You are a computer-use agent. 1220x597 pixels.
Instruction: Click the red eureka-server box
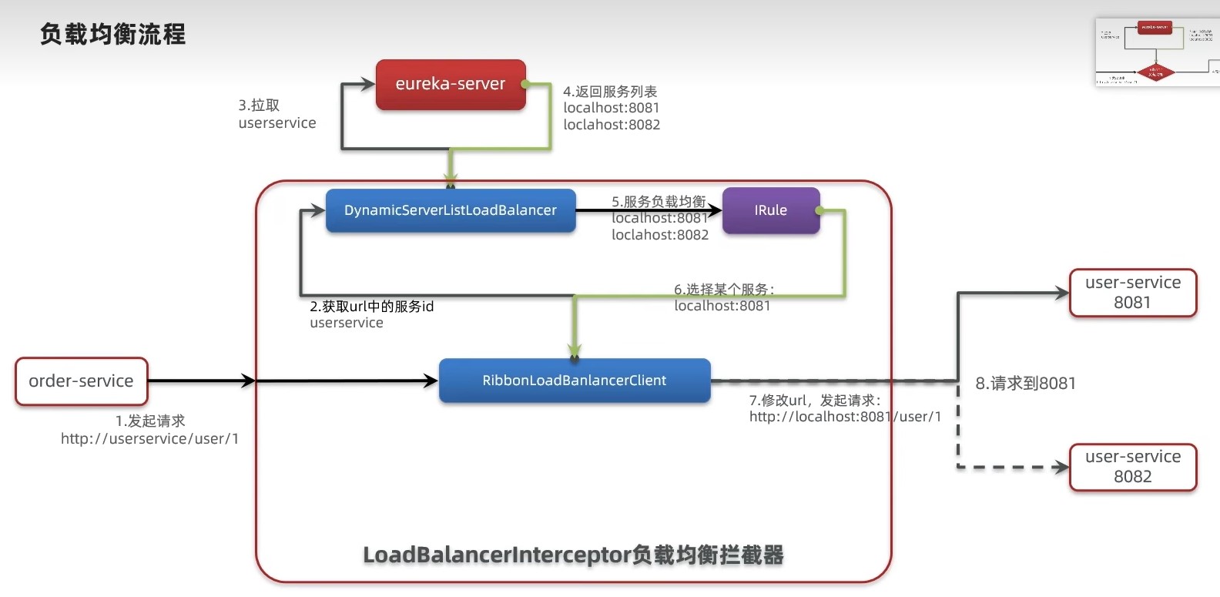(x=451, y=85)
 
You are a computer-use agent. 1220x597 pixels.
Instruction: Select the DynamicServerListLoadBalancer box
(x=451, y=210)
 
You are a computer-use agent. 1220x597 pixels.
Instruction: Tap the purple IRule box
(x=770, y=210)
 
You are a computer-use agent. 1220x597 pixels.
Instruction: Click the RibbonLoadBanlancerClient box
(x=574, y=381)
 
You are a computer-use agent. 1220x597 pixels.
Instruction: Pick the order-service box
(x=81, y=381)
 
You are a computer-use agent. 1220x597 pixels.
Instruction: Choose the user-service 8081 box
(x=1132, y=293)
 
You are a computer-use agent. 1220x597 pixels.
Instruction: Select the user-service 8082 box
(x=1132, y=467)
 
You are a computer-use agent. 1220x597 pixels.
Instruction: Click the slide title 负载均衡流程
(x=112, y=35)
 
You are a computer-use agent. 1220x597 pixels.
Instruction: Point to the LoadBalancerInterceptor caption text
(x=573, y=555)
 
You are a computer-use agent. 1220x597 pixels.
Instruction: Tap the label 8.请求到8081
(x=1025, y=384)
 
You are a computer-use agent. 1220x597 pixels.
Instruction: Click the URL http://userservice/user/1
(x=149, y=439)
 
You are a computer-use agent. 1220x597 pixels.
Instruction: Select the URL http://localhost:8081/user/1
(x=845, y=417)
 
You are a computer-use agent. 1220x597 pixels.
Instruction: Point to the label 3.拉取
(x=259, y=106)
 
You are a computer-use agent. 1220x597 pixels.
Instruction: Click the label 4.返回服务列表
(x=610, y=92)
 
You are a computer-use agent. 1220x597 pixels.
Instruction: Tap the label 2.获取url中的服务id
(x=371, y=307)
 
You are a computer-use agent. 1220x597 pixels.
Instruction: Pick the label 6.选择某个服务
(x=724, y=290)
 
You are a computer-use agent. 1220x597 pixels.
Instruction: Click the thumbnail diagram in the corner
(x=1157, y=52)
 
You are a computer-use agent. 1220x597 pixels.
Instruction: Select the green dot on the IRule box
(x=819, y=210)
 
